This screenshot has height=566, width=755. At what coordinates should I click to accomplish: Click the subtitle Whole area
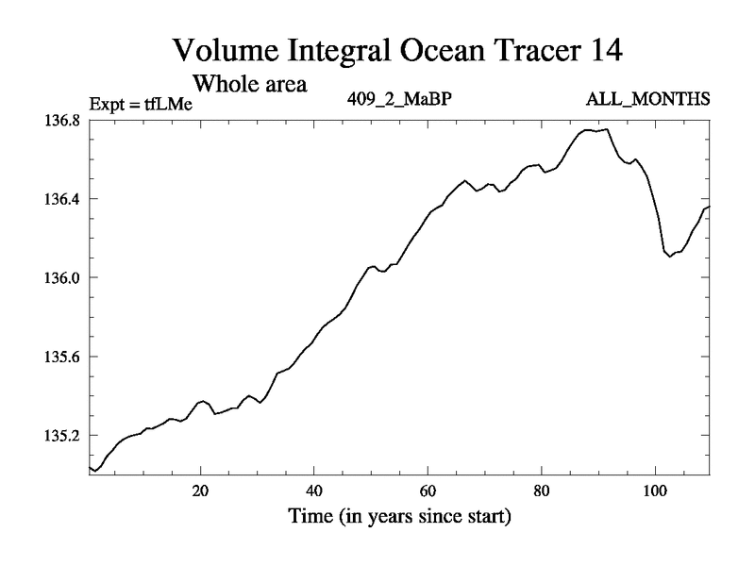(x=250, y=83)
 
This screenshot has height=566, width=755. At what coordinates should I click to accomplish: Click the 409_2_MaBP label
(x=402, y=99)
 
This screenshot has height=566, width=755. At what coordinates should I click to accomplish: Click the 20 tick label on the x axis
(x=200, y=491)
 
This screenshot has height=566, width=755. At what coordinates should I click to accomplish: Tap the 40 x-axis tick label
(x=314, y=491)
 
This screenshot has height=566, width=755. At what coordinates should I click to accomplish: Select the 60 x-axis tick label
(x=428, y=491)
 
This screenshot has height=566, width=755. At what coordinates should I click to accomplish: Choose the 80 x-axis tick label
(x=541, y=491)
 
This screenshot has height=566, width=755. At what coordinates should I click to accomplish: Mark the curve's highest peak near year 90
(x=607, y=129)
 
